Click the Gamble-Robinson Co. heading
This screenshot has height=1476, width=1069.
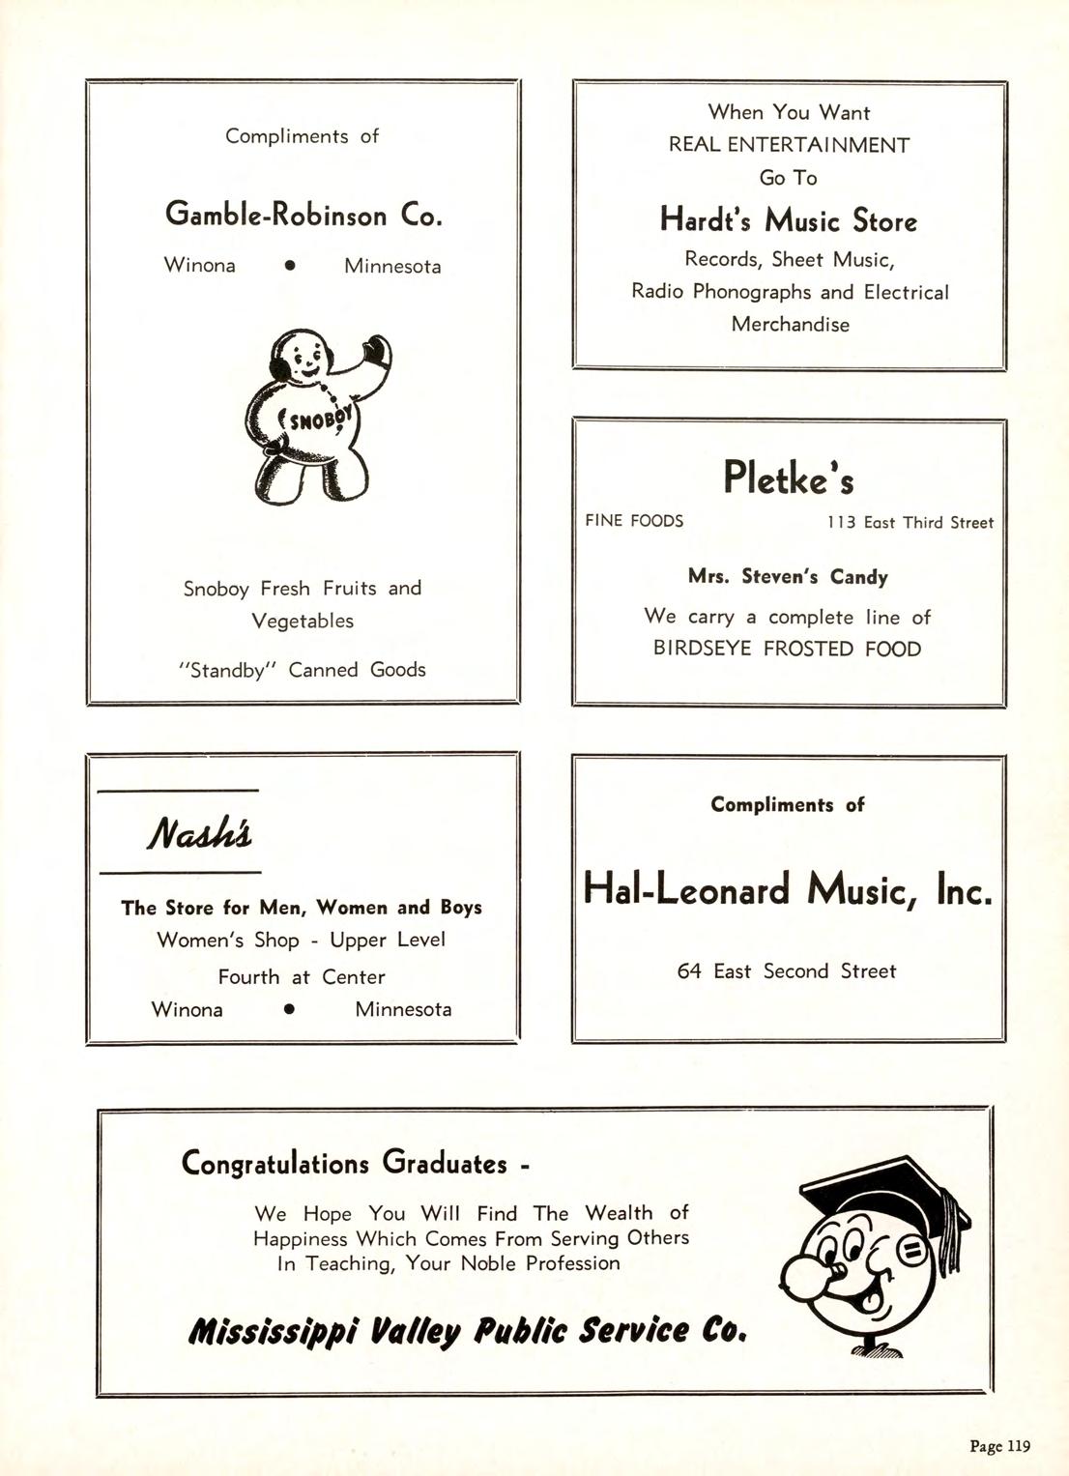[x=303, y=214]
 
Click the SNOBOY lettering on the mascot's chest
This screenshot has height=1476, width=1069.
[x=316, y=420]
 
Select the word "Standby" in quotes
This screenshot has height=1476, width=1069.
[x=227, y=670]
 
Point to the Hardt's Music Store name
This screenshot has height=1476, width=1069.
[x=788, y=220]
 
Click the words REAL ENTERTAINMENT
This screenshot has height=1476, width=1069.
[x=789, y=145]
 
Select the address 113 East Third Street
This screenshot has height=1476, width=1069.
[x=910, y=523]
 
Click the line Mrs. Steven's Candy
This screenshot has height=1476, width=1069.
[x=788, y=577]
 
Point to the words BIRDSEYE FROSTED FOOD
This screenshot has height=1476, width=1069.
[x=788, y=649]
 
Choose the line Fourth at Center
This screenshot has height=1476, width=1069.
[x=302, y=977]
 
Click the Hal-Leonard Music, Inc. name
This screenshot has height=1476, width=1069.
[x=788, y=888]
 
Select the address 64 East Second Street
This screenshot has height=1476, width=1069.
[x=787, y=971]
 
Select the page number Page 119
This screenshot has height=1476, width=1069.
[x=999, y=1446]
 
